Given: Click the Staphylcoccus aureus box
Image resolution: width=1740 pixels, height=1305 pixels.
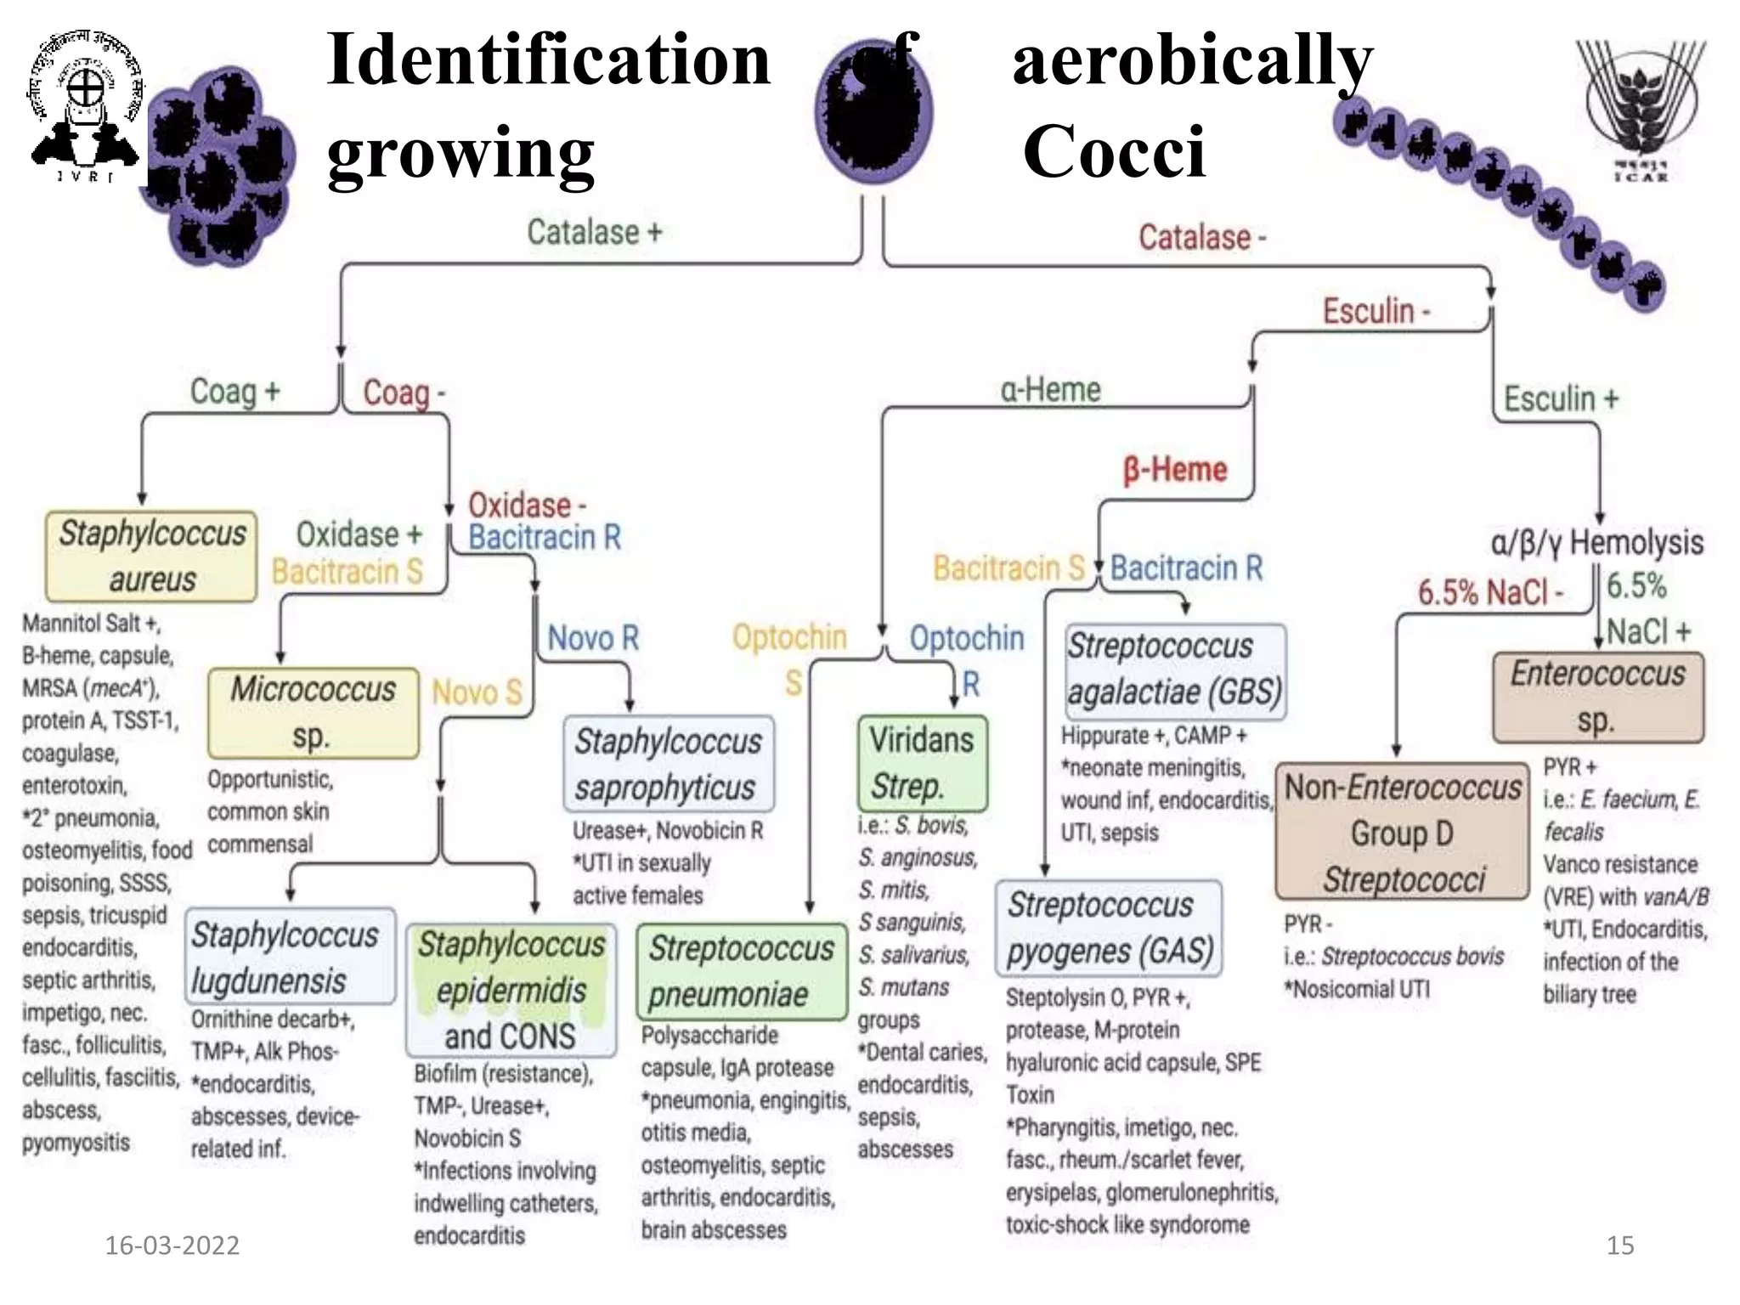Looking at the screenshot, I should (x=151, y=556).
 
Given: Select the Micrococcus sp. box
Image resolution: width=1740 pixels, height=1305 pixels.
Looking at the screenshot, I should (x=313, y=712).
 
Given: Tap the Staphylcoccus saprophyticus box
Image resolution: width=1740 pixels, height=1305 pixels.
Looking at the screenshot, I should (x=669, y=764).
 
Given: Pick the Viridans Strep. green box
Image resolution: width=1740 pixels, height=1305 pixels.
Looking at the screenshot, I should (x=922, y=763).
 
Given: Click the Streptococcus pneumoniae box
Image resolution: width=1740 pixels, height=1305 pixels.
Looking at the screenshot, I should (x=741, y=971).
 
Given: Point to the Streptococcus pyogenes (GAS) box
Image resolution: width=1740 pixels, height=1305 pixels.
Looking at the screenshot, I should (x=1109, y=928).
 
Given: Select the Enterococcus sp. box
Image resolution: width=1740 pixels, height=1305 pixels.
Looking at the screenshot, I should (x=1597, y=697).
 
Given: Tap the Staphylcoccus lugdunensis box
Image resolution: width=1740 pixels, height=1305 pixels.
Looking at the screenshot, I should (x=289, y=957).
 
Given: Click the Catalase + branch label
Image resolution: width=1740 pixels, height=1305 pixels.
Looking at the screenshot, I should (x=594, y=232).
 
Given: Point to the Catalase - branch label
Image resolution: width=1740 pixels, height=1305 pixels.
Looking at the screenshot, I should (x=1201, y=237).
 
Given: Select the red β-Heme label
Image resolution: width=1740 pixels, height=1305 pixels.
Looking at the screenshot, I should (x=1175, y=469).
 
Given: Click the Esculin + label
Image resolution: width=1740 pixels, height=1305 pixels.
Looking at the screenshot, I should (x=1561, y=398).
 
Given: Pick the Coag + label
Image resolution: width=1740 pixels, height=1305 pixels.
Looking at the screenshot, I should (x=234, y=392).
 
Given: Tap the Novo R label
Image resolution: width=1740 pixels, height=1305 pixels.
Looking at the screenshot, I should (x=592, y=637).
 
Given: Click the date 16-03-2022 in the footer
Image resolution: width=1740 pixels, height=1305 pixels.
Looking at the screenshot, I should (x=172, y=1246).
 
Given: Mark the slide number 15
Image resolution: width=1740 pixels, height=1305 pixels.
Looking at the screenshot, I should (x=1619, y=1246).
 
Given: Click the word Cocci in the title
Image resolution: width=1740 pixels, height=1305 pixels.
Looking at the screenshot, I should (x=1113, y=151).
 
